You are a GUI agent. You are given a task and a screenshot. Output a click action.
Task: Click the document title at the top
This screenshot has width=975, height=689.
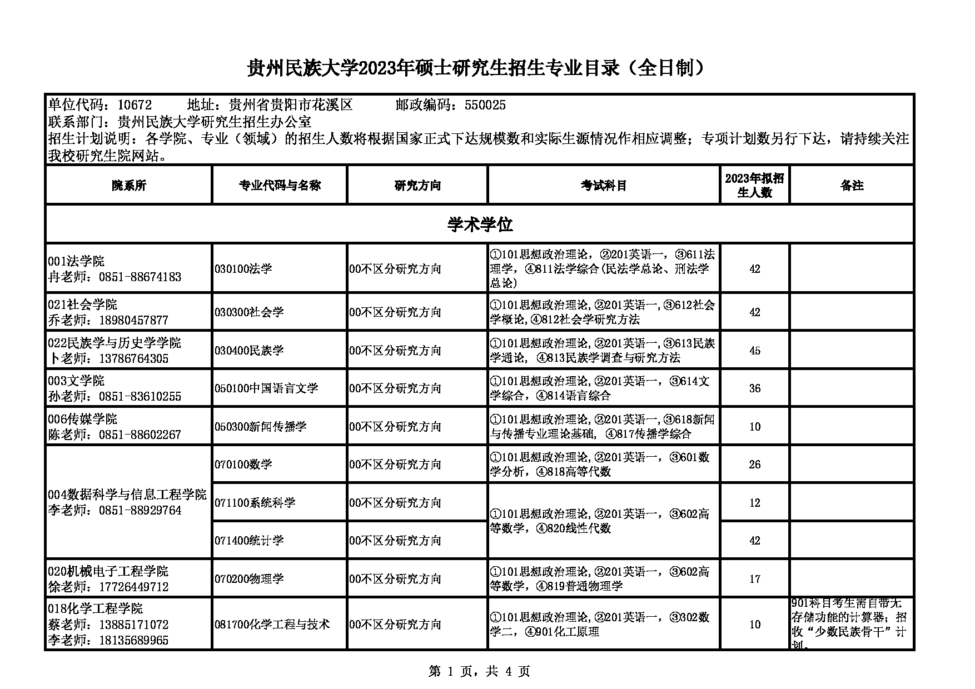(x=479, y=68)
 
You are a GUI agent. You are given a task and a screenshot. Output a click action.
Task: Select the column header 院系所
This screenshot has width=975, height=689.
(x=128, y=186)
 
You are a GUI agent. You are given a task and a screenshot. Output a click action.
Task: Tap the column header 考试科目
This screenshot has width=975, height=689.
(x=604, y=186)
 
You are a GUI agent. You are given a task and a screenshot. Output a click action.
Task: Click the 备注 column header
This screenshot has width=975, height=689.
(x=852, y=186)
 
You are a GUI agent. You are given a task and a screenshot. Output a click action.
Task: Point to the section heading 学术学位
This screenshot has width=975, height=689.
(x=480, y=224)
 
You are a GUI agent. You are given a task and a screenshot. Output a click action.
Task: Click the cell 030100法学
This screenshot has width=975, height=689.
(x=243, y=269)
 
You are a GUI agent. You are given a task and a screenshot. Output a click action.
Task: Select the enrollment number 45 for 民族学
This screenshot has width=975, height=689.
(x=754, y=351)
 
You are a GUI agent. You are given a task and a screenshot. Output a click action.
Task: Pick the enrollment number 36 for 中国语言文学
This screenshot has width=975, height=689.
(x=754, y=388)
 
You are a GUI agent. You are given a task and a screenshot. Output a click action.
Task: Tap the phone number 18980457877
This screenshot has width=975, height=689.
(x=133, y=321)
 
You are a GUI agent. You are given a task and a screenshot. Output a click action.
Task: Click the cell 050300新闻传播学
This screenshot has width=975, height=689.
(x=261, y=427)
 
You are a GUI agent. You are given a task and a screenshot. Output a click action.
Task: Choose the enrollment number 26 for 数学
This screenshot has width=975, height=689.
(x=754, y=465)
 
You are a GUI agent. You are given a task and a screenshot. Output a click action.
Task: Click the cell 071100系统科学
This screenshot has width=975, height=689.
(x=255, y=503)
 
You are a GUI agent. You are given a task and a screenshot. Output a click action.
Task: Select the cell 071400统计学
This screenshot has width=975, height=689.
(x=249, y=541)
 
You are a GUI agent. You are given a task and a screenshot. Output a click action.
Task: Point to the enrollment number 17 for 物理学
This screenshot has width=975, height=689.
(x=754, y=579)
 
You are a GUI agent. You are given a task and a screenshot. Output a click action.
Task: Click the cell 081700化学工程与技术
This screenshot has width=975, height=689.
(x=272, y=625)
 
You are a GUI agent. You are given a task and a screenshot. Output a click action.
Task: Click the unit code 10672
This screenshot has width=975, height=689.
(x=135, y=106)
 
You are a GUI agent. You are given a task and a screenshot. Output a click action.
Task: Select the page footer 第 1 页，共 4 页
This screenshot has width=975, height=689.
(x=480, y=672)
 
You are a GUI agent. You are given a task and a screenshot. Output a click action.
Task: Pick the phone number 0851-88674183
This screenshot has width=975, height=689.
(x=140, y=277)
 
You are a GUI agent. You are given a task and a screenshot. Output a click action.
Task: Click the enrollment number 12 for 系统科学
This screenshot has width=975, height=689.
(x=754, y=503)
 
